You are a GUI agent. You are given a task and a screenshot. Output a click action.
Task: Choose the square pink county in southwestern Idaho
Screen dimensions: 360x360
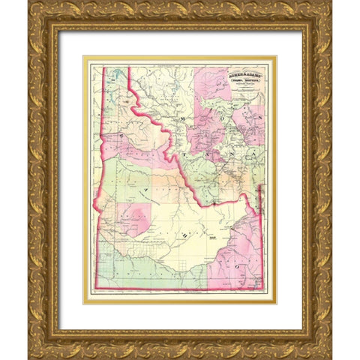click(133, 218)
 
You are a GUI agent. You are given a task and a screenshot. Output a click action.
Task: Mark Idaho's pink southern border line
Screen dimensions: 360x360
click(180, 289)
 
